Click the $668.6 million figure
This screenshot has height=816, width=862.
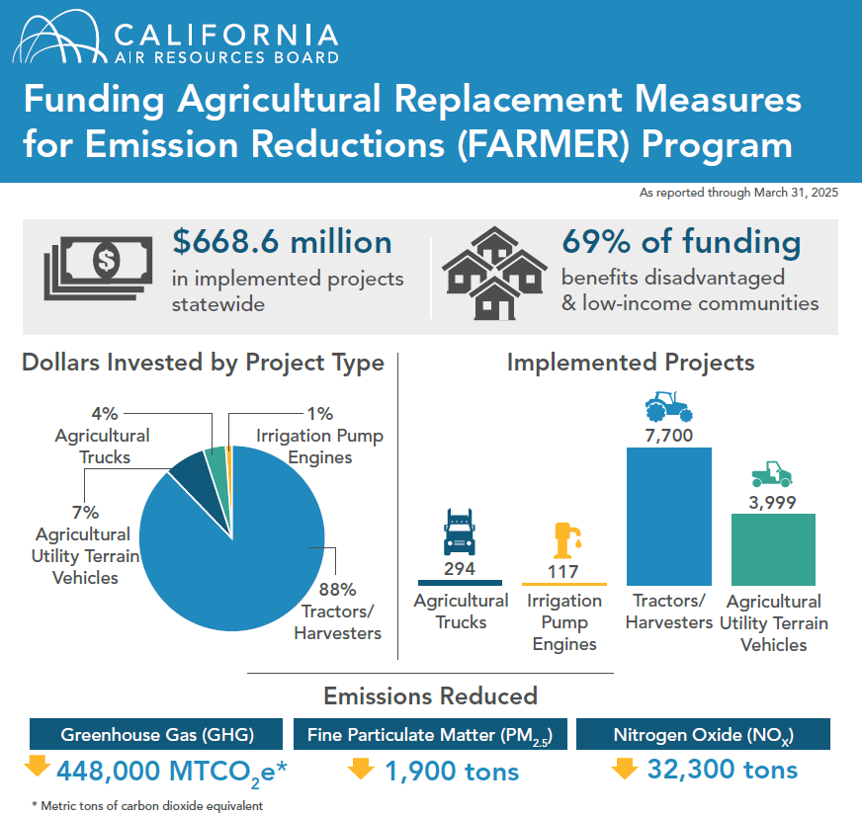[282, 242]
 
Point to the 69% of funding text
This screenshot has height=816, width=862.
[681, 242]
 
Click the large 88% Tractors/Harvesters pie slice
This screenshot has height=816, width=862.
[237, 573]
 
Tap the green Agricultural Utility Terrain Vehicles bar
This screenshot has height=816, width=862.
[773, 549]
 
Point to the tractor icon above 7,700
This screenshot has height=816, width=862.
[669, 406]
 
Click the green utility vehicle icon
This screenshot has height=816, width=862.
[772, 475]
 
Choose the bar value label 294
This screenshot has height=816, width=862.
[460, 569]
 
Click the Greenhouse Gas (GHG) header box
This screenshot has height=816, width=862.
[157, 734]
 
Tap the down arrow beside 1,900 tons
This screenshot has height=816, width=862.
[363, 768]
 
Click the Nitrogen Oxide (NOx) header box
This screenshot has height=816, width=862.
[703, 734]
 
